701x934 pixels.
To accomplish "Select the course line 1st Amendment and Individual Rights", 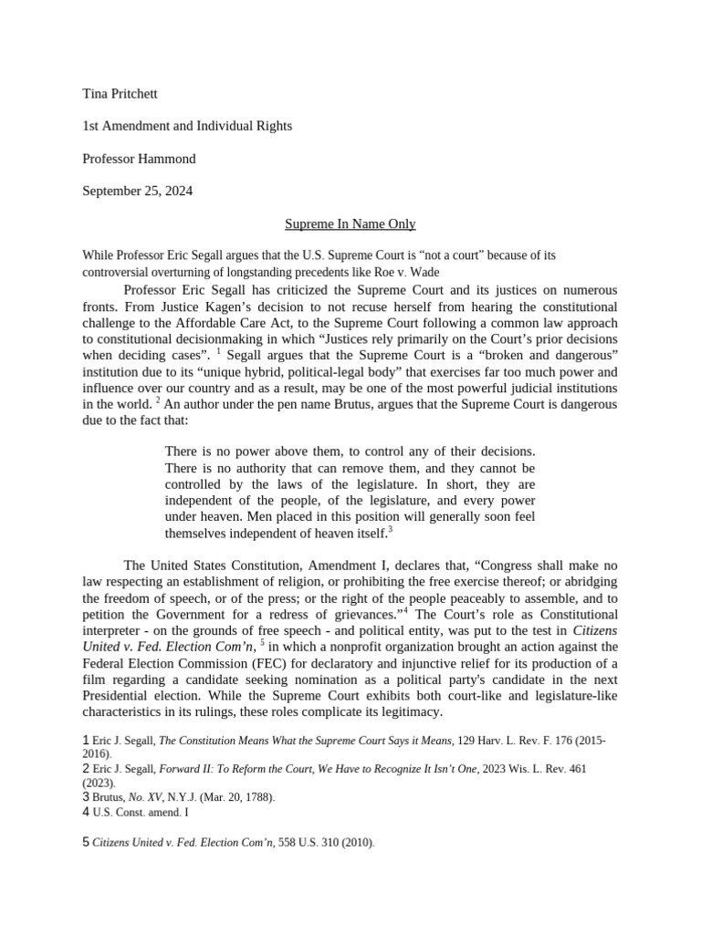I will click(x=187, y=126).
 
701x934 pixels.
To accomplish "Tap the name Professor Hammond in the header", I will click(x=139, y=159).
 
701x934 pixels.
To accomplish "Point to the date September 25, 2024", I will click(x=137, y=192).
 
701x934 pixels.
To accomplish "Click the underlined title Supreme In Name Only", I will click(x=350, y=223).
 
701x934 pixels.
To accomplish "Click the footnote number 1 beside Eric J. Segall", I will click(x=86, y=742).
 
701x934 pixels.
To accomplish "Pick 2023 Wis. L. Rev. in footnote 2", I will click(x=525, y=769).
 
